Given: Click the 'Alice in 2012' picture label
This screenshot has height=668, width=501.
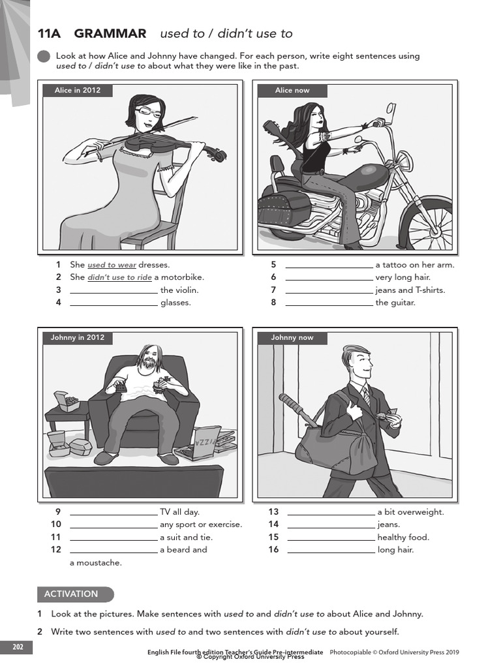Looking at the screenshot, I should click(78, 91).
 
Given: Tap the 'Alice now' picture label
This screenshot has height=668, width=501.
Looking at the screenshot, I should click(292, 91).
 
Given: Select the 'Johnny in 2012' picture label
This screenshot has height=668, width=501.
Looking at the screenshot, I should click(78, 338).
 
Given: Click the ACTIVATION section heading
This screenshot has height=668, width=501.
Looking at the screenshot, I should click(72, 594).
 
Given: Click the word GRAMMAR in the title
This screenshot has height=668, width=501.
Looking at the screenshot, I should click(110, 34).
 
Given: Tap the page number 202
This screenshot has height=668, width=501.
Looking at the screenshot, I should click(18, 647).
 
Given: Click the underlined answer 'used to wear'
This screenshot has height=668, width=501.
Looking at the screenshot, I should click(112, 265).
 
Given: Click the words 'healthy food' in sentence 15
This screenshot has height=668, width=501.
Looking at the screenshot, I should click(402, 538).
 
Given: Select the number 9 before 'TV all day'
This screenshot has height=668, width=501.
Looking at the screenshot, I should click(58, 512).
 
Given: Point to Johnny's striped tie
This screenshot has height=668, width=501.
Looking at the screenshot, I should click(366, 395).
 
